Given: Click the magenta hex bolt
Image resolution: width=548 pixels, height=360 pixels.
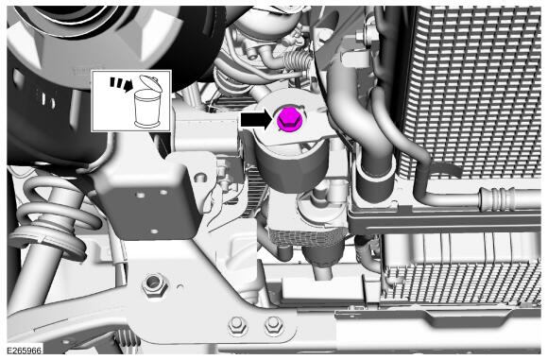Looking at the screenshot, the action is (290, 120).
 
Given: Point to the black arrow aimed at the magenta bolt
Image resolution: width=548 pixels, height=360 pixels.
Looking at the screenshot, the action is (257, 120).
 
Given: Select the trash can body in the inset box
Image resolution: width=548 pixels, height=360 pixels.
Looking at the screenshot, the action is (147, 109).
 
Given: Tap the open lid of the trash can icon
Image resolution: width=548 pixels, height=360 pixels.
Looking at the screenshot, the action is (150, 83).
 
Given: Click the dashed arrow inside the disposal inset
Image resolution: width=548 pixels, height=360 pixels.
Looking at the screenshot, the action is (121, 85).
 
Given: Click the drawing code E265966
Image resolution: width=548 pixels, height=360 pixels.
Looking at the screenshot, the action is (25, 351).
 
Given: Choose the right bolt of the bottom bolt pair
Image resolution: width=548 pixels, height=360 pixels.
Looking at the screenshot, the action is (273, 326).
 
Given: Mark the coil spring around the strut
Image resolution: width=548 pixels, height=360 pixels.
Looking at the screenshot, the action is (52, 214).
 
